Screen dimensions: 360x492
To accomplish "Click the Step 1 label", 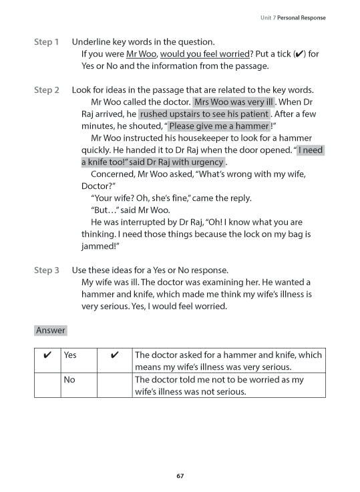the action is coord(46,42).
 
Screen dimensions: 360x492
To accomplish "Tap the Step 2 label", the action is coord(46,90).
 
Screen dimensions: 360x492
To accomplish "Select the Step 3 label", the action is coord(46,270).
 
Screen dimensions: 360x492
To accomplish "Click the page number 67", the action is coord(180,476).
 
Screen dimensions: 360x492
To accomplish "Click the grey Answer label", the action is coord(51,330).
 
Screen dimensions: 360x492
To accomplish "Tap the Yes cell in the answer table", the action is coord(69,355).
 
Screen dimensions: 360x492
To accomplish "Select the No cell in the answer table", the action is coord(69,379).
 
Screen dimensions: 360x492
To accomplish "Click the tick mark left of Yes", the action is coord(47,355).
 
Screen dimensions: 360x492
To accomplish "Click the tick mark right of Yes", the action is coord(114,355).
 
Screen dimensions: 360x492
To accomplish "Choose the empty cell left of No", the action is coord(47,385).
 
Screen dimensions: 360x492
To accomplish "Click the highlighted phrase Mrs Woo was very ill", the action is coord(234,102).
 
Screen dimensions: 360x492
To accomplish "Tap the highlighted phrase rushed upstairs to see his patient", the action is coord(204,114).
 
